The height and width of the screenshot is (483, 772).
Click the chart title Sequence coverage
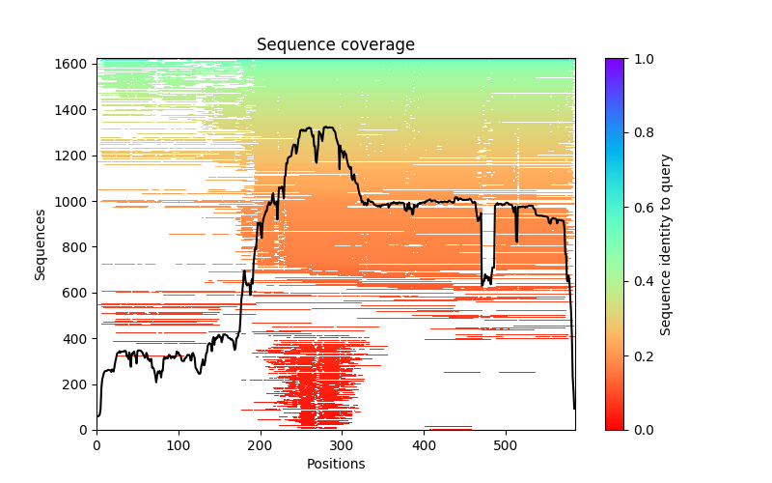tap(336, 44)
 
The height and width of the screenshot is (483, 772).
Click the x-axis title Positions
tap(336, 464)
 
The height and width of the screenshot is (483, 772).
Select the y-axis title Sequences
tap(41, 243)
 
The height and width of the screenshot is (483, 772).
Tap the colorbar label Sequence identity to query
tap(666, 243)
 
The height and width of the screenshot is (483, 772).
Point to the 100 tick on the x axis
tap(179, 444)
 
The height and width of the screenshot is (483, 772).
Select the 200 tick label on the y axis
tap(75, 384)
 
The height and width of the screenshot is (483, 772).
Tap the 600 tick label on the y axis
tap(75, 293)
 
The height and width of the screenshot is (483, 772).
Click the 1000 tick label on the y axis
tap(71, 201)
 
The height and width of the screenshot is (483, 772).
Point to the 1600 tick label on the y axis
tap(71, 64)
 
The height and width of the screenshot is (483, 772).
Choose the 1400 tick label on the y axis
tap(71, 109)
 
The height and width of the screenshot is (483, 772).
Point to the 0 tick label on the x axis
tap(96, 444)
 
